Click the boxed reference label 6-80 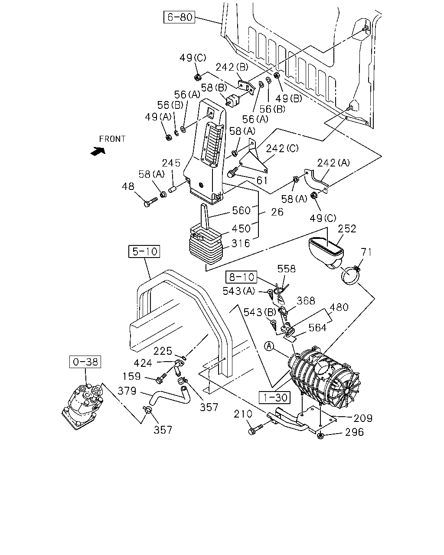tap(179, 17)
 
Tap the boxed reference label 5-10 tap(144, 251)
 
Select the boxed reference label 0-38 tap(85, 362)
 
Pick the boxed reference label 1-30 tap(274, 398)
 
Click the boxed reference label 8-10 tap(242, 277)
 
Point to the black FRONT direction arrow tap(98, 151)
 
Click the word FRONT tap(112, 139)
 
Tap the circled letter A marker tap(269, 346)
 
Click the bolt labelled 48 tap(150, 202)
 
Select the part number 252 tap(347, 229)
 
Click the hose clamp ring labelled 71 tap(350, 275)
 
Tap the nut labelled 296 tap(320, 436)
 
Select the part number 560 tap(241, 210)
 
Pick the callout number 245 tap(171, 163)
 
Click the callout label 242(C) tap(282, 149)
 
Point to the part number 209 tap(363, 418)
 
